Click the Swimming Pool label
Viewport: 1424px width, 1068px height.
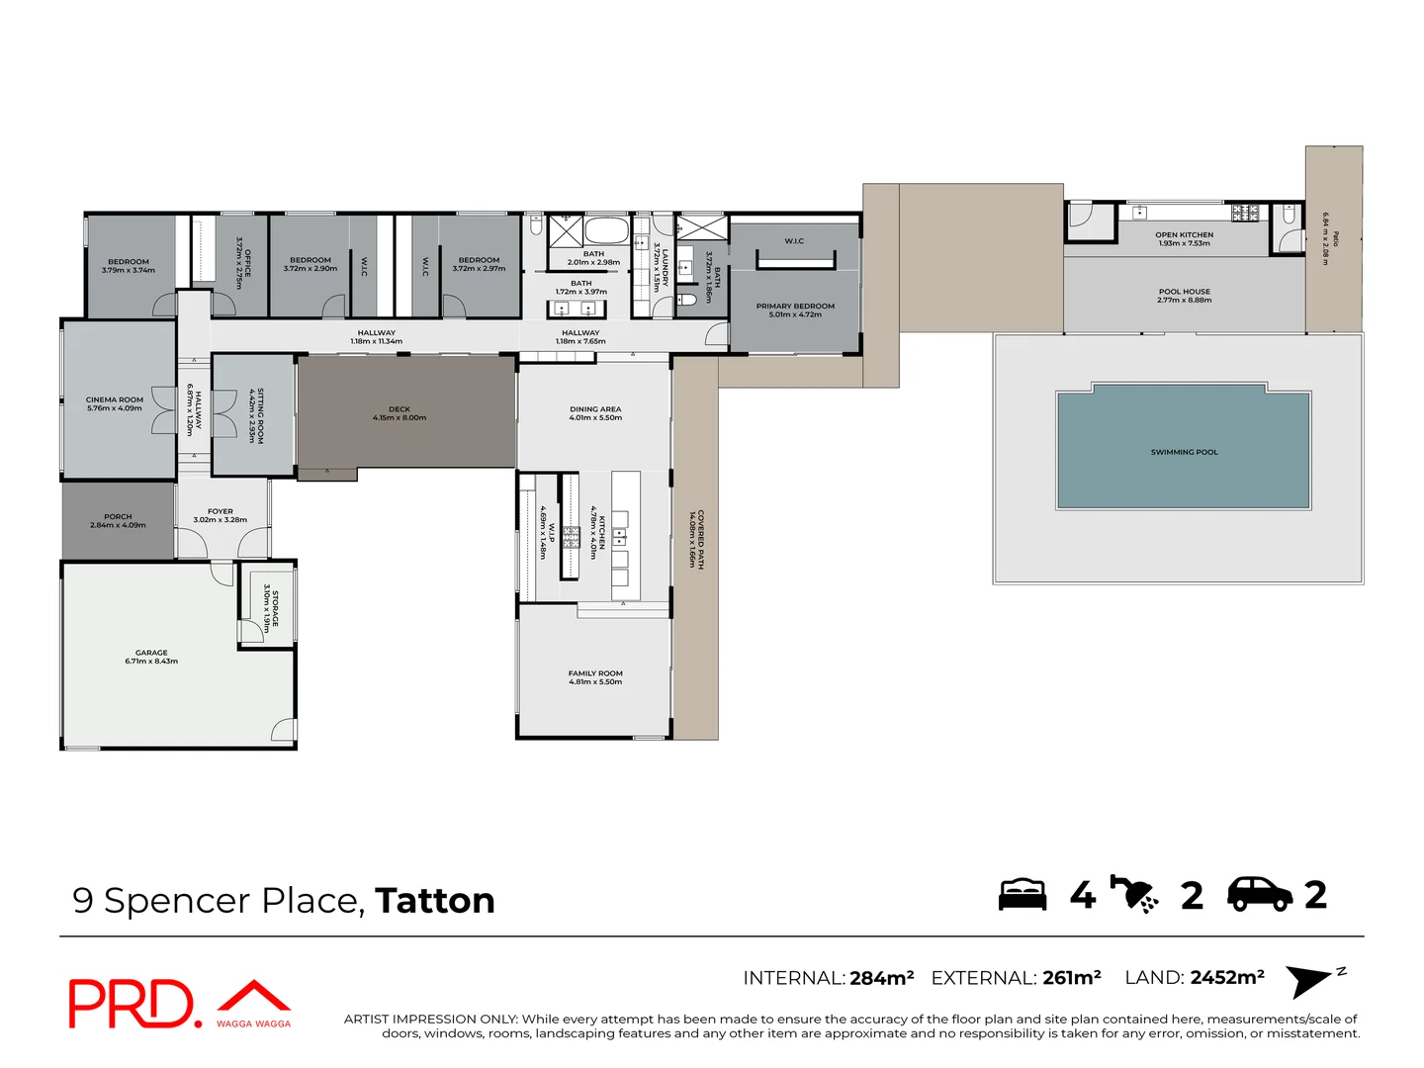(1184, 452)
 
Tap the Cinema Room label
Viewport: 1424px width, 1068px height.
(115, 400)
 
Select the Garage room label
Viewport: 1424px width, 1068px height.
(151, 653)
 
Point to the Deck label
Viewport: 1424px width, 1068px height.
(400, 408)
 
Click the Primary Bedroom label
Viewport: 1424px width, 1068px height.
(795, 306)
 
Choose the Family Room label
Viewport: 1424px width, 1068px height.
(595, 673)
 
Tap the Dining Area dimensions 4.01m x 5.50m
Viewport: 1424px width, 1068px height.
(595, 418)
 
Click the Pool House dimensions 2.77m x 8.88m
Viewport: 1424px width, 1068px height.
(1184, 301)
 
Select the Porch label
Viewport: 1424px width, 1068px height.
(118, 516)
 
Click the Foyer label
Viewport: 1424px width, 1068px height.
(221, 511)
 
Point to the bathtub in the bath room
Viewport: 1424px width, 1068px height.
(606, 232)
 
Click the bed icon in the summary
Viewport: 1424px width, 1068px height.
(1023, 894)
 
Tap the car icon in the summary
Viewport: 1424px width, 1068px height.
(1260, 894)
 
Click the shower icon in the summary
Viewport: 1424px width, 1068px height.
(1134, 894)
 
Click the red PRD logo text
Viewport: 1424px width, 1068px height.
(133, 1005)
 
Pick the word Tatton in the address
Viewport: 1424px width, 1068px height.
(435, 901)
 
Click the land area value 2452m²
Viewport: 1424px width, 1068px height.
(1227, 978)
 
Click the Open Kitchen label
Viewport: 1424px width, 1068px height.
(1184, 235)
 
